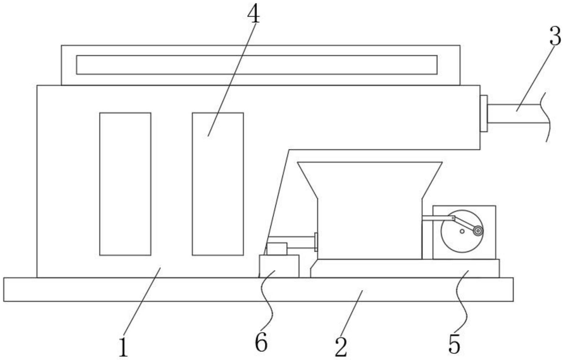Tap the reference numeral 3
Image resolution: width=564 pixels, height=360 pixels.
[555, 37]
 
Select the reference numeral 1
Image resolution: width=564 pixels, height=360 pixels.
[123, 348]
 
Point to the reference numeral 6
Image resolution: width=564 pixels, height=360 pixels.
[261, 343]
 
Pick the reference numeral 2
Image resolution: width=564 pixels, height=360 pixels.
[341, 347]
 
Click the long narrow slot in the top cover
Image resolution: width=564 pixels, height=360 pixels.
[256, 65]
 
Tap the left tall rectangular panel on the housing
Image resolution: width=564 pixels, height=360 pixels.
[125, 184]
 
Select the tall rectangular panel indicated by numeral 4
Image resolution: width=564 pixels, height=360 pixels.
[218, 184]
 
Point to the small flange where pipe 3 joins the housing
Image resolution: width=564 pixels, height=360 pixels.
[483, 113]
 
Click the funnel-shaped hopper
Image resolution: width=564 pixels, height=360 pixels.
[369, 211]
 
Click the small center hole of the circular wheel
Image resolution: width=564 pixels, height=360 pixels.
[462, 231]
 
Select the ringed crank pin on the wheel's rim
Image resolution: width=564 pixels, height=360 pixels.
[478, 231]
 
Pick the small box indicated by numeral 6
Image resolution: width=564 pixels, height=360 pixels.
[279, 266]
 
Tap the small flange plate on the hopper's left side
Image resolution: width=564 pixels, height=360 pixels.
[316, 242]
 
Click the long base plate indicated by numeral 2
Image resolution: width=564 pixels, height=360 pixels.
[258, 289]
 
